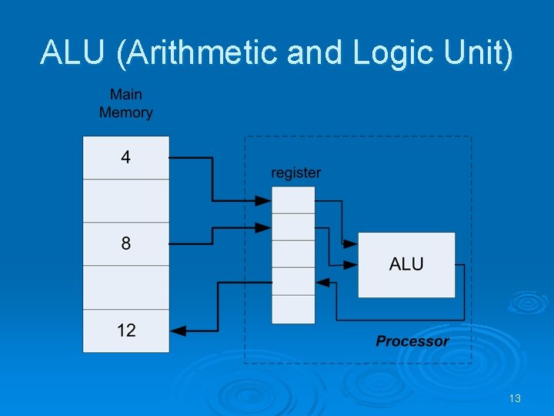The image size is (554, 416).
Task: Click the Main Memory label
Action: point(125,103)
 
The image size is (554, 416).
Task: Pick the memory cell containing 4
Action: point(125,158)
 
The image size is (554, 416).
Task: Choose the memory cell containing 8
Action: point(125,244)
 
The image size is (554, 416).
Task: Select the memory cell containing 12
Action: point(125,330)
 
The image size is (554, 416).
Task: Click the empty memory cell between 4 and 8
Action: point(125,201)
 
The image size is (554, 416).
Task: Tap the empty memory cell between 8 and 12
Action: point(125,287)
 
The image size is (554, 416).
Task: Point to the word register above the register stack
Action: point(295,173)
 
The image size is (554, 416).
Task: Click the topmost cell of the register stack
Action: point(293,200)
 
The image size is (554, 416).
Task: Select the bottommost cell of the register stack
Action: point(293,309)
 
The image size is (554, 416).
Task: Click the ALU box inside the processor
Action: point(406,264)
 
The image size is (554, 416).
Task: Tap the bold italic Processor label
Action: point(412,341)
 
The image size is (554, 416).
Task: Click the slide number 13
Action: point(515,398)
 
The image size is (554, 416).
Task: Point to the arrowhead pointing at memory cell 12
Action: point(178,330)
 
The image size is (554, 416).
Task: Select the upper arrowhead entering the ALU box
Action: point(351,243)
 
